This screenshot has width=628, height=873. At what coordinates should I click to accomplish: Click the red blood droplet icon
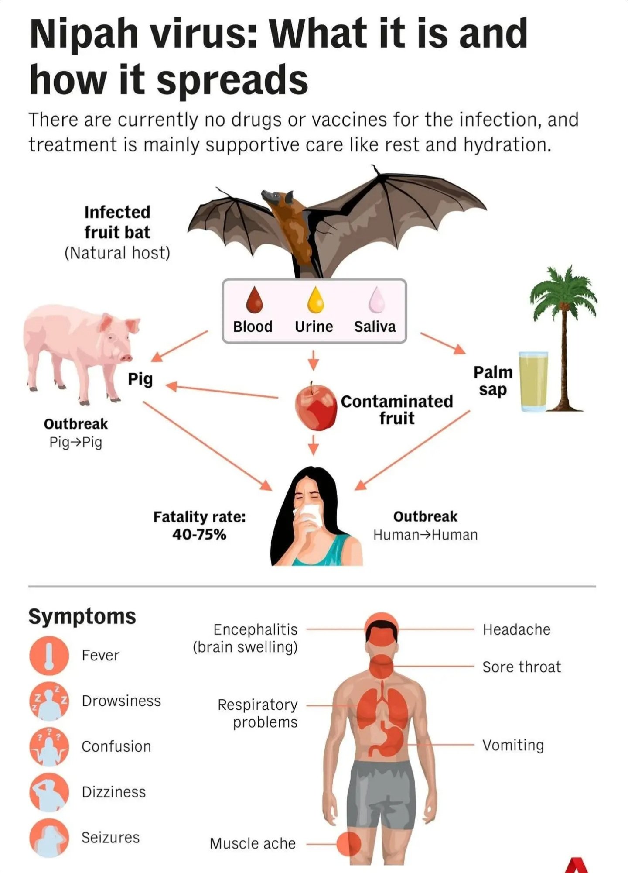coord(254,301)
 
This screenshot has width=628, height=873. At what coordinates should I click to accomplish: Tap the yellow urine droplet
coord(315,301)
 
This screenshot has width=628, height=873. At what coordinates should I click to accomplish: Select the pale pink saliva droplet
coord(376,301)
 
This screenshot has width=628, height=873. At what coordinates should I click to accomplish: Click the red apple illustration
coord(315,407)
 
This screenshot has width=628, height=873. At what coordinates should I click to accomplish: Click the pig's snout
coord(127,358)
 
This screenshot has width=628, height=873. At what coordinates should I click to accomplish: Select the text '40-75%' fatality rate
coord(199,534)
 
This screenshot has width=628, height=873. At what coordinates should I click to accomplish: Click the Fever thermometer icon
coord(49,655)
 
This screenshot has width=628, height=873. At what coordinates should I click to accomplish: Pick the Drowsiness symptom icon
coord(49,701)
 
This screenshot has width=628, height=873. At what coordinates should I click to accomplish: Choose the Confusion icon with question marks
coord(49,746)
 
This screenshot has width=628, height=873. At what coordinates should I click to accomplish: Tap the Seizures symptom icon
coord(49,838)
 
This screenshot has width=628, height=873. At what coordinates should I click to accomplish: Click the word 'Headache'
coord(516,629)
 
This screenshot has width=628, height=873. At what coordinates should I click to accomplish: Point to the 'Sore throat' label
coord(522,667)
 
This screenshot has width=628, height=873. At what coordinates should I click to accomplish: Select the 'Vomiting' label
coord(513,745)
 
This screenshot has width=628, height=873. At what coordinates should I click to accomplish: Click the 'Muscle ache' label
coord(253,843)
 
